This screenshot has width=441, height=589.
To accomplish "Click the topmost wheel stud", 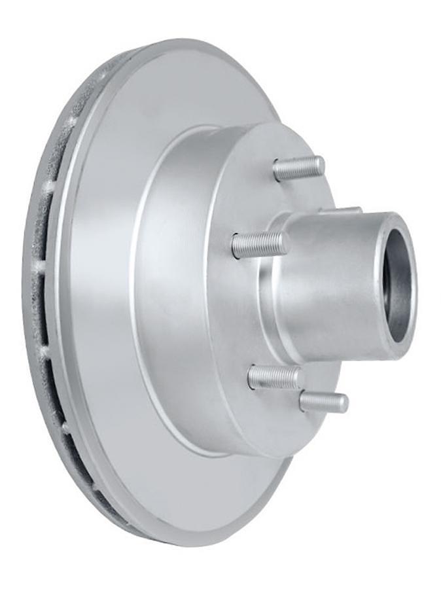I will tap(298, 168).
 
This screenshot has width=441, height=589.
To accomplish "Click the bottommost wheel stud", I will tap(324, 401).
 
